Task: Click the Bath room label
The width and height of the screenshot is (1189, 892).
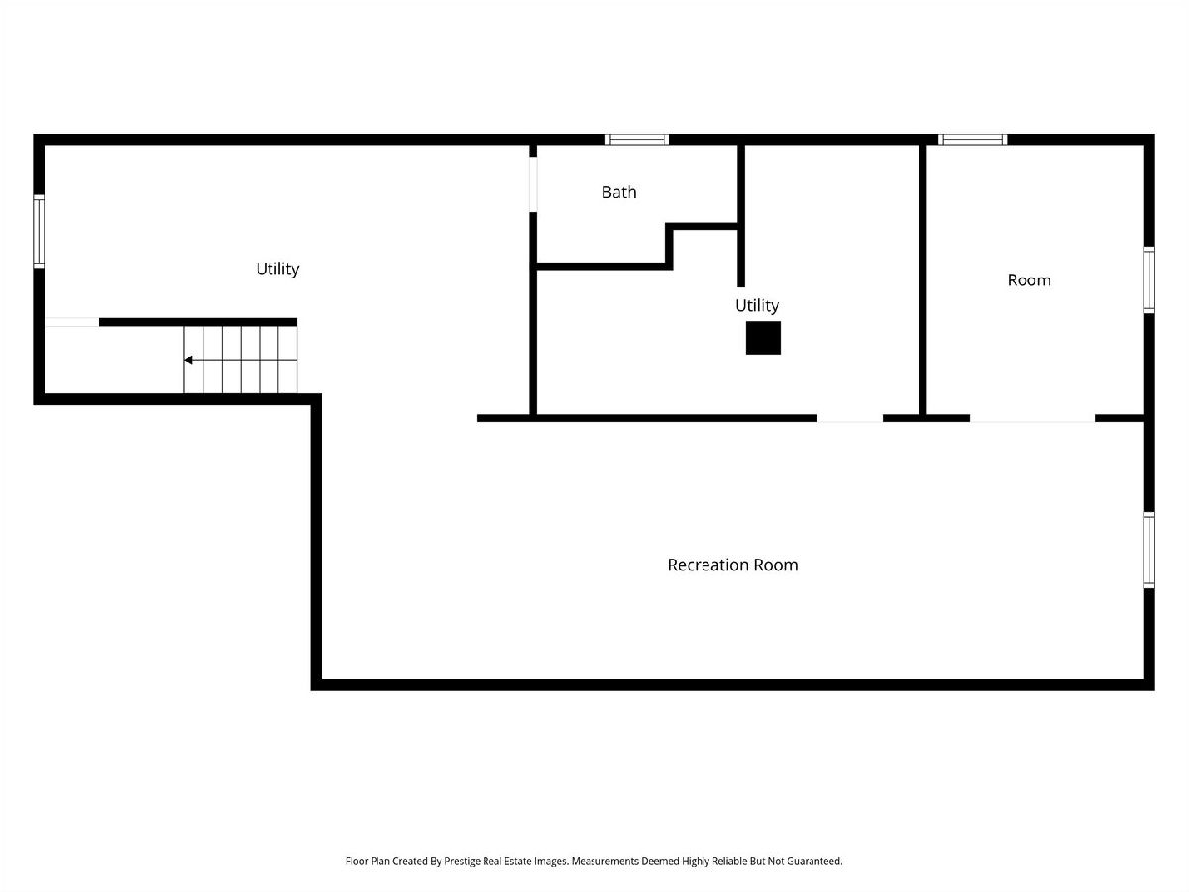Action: (618, 192)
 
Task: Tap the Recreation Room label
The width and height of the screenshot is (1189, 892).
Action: (732, 565)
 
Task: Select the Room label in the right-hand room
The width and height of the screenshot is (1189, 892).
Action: (1028, 280)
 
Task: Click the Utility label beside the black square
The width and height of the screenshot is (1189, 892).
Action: (757, 306)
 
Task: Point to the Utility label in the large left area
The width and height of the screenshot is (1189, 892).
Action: (277, 269)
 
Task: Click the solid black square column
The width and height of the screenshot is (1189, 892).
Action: (763, 338)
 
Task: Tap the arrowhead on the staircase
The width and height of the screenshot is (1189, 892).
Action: (188, 360)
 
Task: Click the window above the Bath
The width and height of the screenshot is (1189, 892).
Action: (636, 139)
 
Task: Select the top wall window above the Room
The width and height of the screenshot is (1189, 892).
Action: (972, 139)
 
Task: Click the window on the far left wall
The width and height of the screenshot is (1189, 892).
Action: (39, 231)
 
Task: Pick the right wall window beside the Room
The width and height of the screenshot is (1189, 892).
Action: (1149, 280)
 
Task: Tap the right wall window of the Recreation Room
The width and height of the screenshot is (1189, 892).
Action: (1149, 550)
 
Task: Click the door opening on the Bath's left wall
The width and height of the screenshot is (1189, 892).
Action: (533, 184)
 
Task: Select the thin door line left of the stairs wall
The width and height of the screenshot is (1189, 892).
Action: (71, 322)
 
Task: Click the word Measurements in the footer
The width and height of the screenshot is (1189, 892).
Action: (605, 860)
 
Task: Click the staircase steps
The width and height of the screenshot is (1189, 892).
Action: (241, 360)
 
